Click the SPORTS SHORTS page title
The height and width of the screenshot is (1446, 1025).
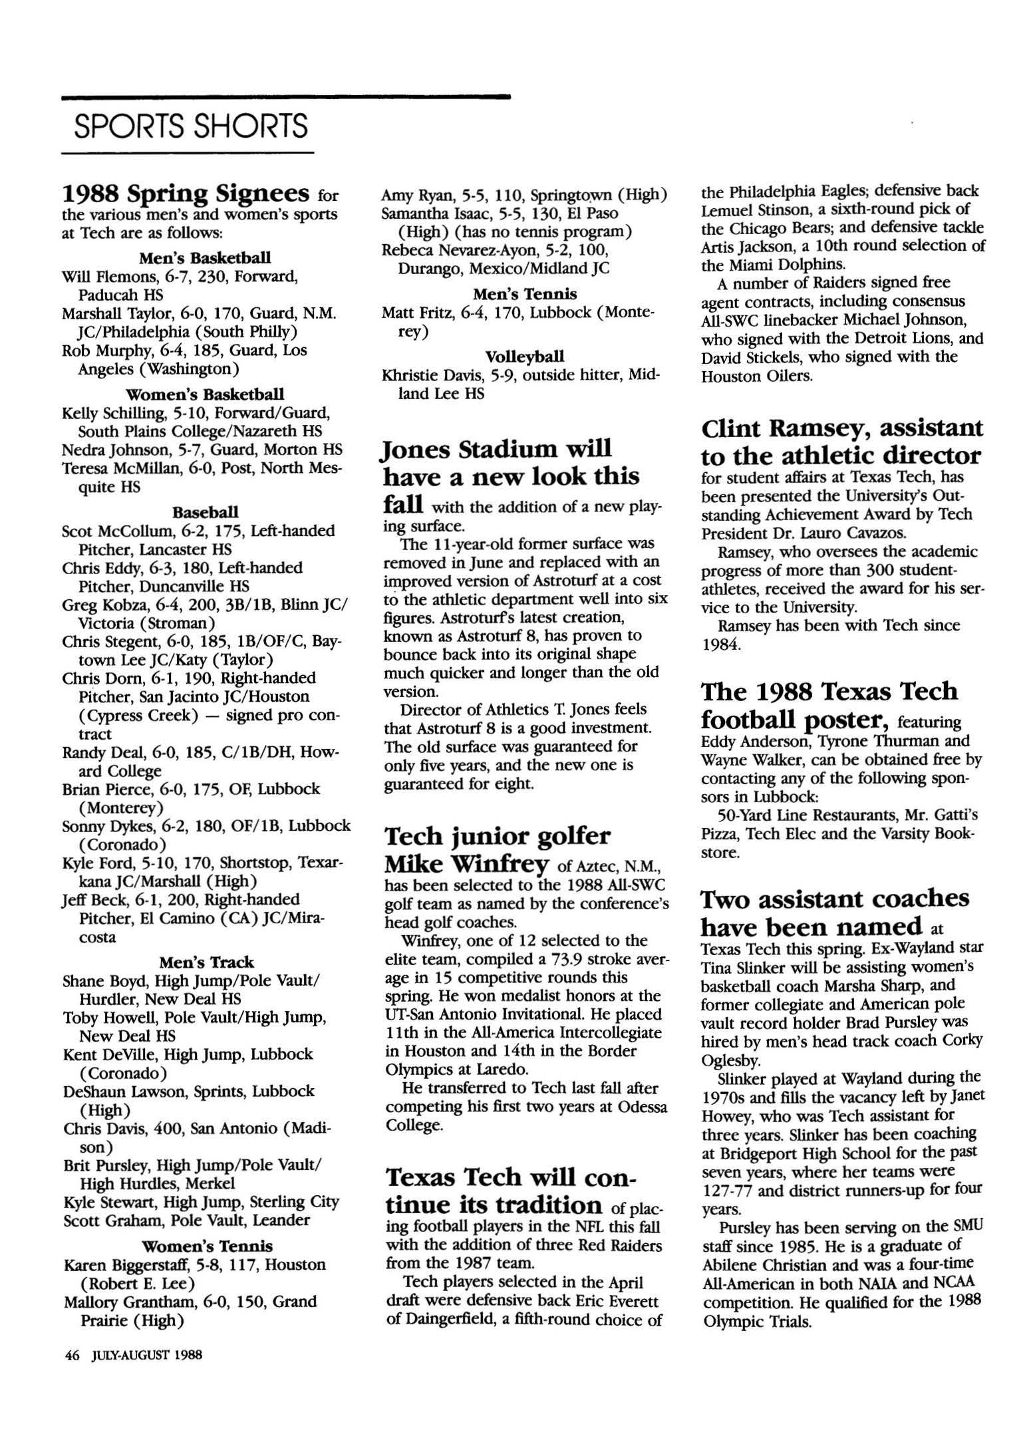(191, 126)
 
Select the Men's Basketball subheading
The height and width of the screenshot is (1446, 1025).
(205, 257)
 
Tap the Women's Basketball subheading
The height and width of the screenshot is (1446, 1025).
(205, 394)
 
